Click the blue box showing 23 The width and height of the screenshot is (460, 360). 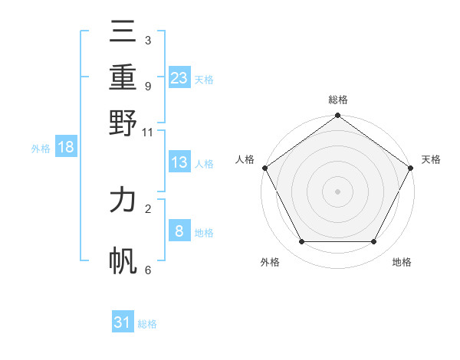point(179,78)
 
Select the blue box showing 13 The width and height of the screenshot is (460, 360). point(179,162)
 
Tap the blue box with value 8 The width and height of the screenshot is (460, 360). point(179,231)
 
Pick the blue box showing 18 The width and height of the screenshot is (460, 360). point(66,148)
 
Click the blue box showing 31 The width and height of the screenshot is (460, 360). point(123,323)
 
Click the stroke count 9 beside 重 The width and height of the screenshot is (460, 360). point(148,87)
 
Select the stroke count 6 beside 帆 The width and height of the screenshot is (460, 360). point(148,270)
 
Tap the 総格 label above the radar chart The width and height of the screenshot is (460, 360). point(337,100)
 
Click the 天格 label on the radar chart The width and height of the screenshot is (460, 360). point(431,159)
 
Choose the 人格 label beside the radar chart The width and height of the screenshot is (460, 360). point(245,159)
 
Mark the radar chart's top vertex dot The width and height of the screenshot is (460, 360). point(337,116)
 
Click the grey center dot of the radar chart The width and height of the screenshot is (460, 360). point(337,191)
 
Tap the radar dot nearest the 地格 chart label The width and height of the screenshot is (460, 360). point(374,242)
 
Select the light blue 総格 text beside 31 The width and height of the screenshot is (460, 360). point(147,324)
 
